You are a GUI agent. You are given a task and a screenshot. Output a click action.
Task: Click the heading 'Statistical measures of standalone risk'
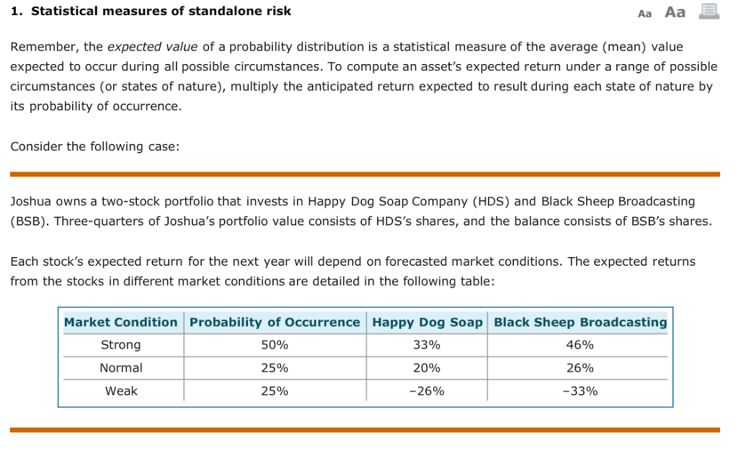[x=161, y=12]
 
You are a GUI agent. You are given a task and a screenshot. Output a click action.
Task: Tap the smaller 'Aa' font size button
[x=645, y=13]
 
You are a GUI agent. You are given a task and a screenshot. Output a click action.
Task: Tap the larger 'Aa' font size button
[x=675, y=12]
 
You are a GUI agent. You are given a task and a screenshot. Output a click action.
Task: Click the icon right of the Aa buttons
[x=709, y=12]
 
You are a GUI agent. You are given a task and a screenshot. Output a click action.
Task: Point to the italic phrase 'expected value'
[x=153, y=47]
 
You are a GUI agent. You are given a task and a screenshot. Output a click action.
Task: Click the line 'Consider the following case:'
[x=94, y=146]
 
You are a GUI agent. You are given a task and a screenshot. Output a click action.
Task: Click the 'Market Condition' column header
[x=121, y=322]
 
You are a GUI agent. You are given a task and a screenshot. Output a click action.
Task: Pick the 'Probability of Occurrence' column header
[x=275, y=322]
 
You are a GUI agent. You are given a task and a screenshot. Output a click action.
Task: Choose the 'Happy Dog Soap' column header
[x=427, y=322]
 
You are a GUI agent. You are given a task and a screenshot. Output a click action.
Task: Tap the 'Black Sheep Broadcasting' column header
[x=580, y=322]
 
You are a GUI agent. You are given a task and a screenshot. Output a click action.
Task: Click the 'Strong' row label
[x=121, y=345]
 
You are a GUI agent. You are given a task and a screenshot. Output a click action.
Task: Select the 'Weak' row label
[x=121, y=391]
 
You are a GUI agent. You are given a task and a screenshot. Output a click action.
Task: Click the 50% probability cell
[x=275, y=345]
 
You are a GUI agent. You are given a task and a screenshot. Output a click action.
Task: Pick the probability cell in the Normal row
[x=275, y=368]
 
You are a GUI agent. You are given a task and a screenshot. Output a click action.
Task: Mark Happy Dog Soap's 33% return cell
[x=427, y=345]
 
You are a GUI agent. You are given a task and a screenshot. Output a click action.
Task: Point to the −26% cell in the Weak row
[x=427, y=391]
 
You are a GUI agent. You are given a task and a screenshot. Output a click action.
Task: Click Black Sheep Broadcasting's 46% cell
[x=580, y=345]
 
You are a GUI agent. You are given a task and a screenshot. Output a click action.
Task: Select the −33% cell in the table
[x=580, y=391]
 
